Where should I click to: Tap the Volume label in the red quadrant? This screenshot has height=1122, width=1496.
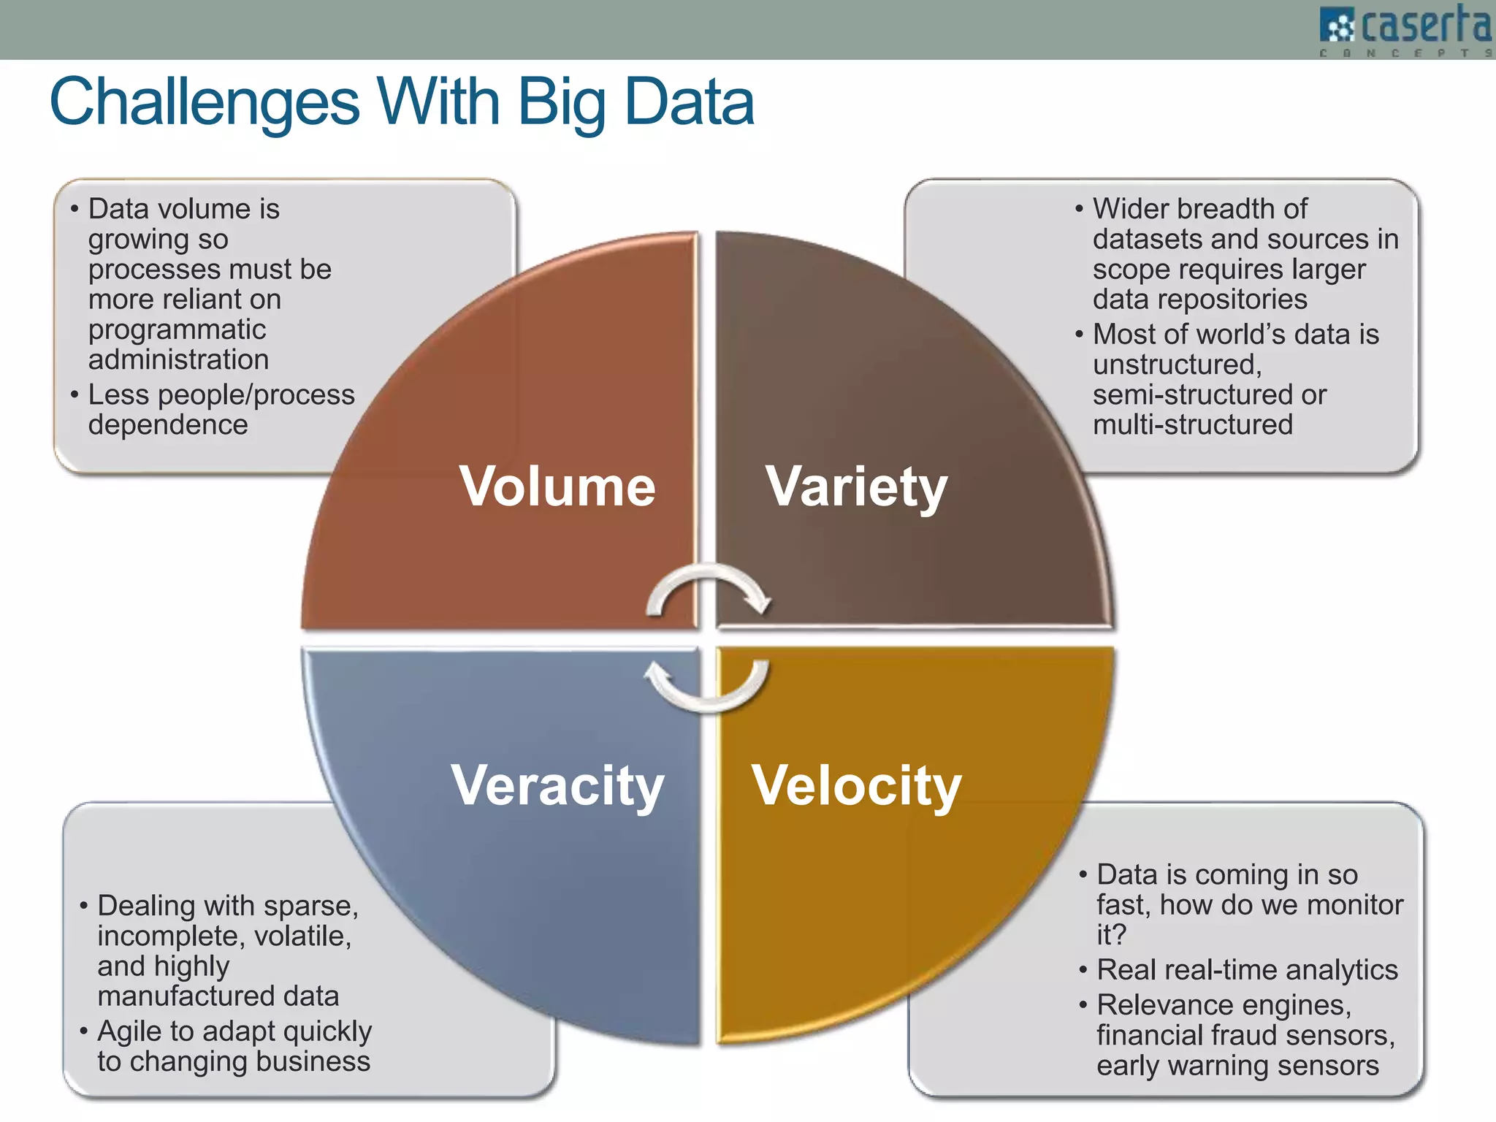click(557, 486)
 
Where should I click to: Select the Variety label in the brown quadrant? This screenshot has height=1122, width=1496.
click(856, 486)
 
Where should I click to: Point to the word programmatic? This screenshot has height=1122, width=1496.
click(177, 329)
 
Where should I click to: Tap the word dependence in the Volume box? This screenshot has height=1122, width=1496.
click(168, 424)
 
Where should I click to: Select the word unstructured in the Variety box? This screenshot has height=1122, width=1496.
click(1176, 365)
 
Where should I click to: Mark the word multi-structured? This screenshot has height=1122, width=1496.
click(1192, 424)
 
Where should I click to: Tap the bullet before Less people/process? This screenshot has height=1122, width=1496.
click(75, 395)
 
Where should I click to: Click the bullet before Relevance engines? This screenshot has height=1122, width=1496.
click(1083, 1006)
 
